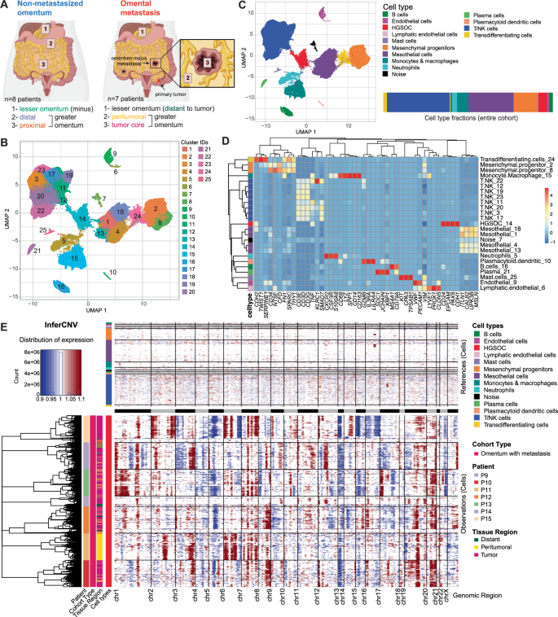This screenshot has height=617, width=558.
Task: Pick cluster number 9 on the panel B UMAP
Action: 114,154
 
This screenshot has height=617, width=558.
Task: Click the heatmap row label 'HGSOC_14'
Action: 498,222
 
